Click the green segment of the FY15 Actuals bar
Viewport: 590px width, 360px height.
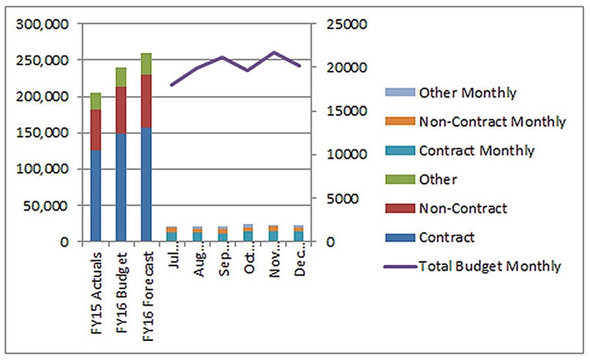pos(95,101)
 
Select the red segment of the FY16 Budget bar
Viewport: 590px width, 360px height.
pos(121,110)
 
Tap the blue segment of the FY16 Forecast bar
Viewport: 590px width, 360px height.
pos(146,184)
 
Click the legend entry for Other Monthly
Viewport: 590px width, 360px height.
pos(467,93)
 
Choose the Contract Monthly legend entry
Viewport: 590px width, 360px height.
pos(476,150)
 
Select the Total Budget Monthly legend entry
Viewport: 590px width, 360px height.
pos(490,266)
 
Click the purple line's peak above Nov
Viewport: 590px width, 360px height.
pos(273,52)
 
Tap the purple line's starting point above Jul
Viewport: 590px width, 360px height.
pos(171,84)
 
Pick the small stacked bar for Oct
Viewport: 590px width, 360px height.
pos(247,233)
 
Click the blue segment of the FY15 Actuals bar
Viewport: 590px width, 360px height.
pos(95,196)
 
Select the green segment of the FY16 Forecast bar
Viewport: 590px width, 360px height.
pos(146,64)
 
